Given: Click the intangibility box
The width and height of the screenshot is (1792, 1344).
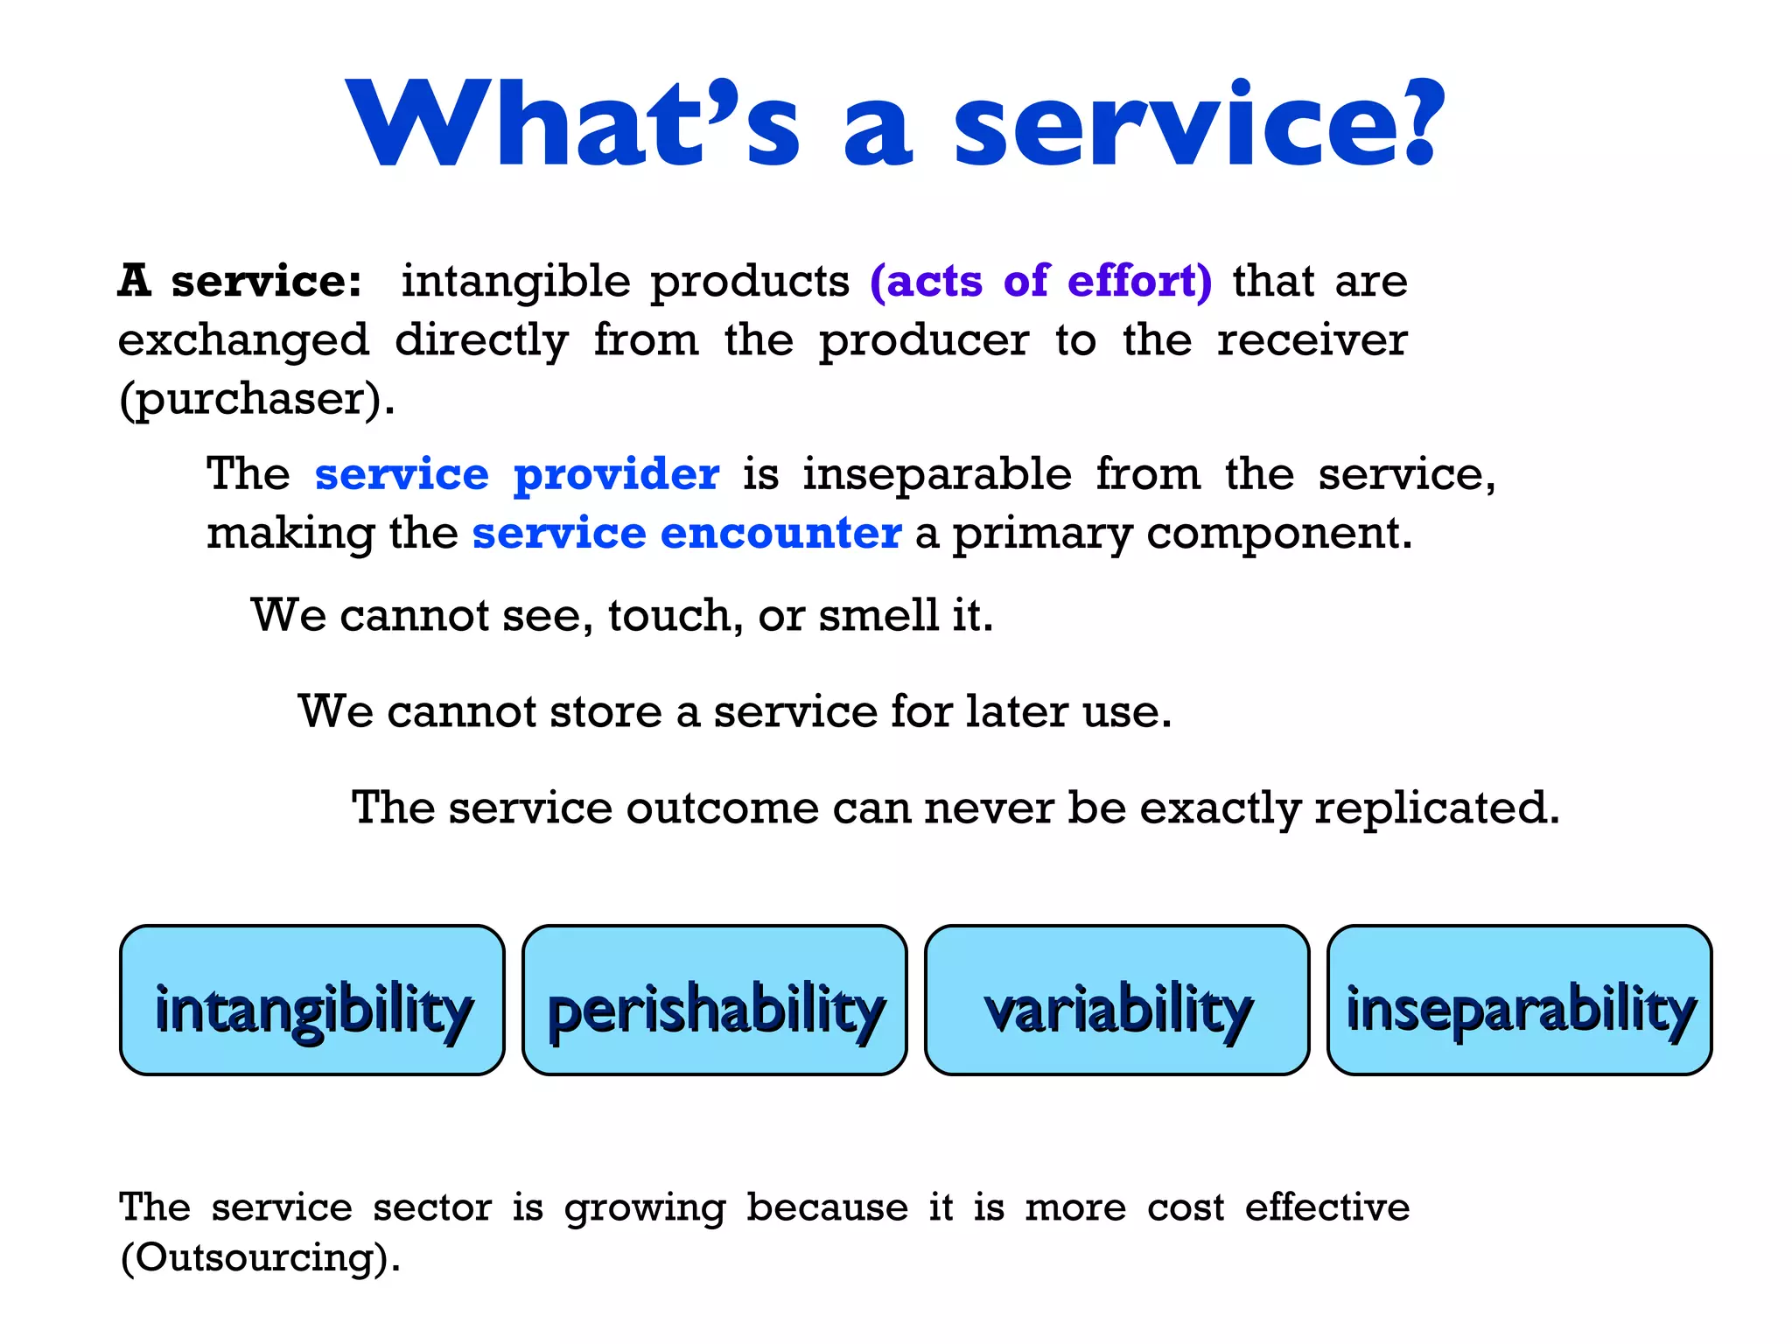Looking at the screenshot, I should [x=312, y=1000].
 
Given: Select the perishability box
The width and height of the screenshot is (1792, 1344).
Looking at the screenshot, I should [x=715, y=1000].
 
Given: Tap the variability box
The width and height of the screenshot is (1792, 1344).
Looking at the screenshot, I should [x=1117, y=1000].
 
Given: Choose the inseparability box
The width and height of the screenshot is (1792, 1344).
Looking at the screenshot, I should [x=1520, y=1000].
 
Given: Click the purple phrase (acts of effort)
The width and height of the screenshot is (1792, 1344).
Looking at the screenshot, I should [x=1041, y=282].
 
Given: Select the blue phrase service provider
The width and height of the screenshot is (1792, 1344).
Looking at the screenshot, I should [x=516, y=475].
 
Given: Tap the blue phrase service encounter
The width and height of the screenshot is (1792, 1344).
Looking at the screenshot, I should [x=687, y=533].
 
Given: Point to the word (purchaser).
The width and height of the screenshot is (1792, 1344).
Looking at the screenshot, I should [x=256, y=400].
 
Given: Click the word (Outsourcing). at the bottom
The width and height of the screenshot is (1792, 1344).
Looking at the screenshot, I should [x=260, y=1258].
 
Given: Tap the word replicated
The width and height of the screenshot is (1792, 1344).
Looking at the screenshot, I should [x=1437, y=808].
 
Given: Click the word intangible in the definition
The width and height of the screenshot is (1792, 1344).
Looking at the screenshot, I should [x=515, y=282].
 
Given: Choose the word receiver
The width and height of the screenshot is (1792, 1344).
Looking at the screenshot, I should [x=1312, y=341].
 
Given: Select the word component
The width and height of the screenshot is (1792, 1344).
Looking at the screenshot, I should [x=1279, y=533].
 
